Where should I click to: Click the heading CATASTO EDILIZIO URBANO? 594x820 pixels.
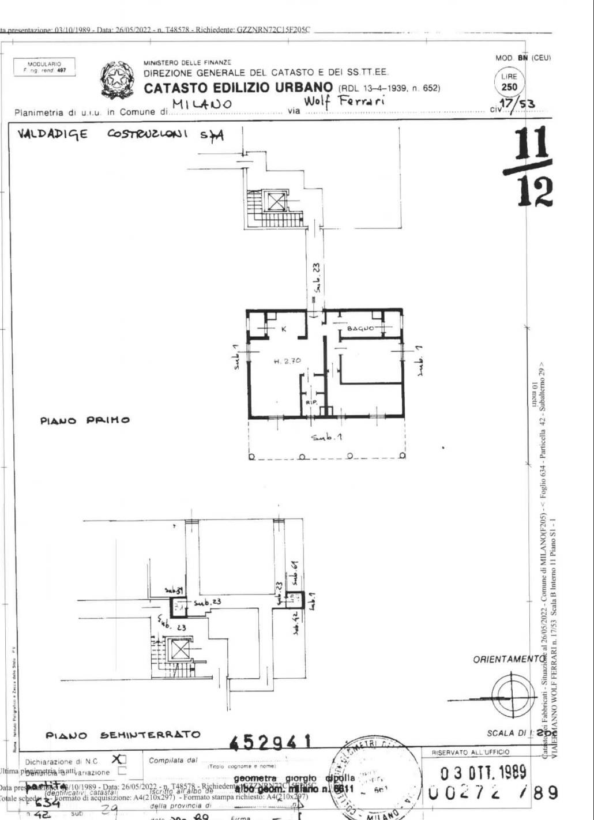[x=238, y=88]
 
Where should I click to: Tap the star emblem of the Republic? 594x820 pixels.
[x=117, y=80]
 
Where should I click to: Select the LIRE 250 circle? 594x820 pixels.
[x=509, y=82]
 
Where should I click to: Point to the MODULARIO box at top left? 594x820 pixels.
[x=44, y=67]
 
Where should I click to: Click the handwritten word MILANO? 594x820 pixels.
[x=202, y=104]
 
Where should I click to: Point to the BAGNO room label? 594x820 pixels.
[x=360, y=329]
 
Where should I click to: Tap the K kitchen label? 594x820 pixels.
[x=283, y=329]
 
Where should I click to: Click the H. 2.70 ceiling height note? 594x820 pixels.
[x=287, y=361]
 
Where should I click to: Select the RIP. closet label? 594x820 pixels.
[x=310, y=403]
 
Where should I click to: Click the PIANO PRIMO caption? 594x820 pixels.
[x=85, y=420]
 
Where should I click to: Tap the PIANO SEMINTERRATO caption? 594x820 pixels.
[x=123, y=735]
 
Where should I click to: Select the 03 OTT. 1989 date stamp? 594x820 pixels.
[x=483, y=772]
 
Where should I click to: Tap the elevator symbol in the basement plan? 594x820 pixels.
[x=181, y=650]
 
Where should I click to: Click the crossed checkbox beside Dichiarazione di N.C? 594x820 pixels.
[x=120, y=759]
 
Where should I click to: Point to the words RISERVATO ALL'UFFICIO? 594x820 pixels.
[x=471, y=753]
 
